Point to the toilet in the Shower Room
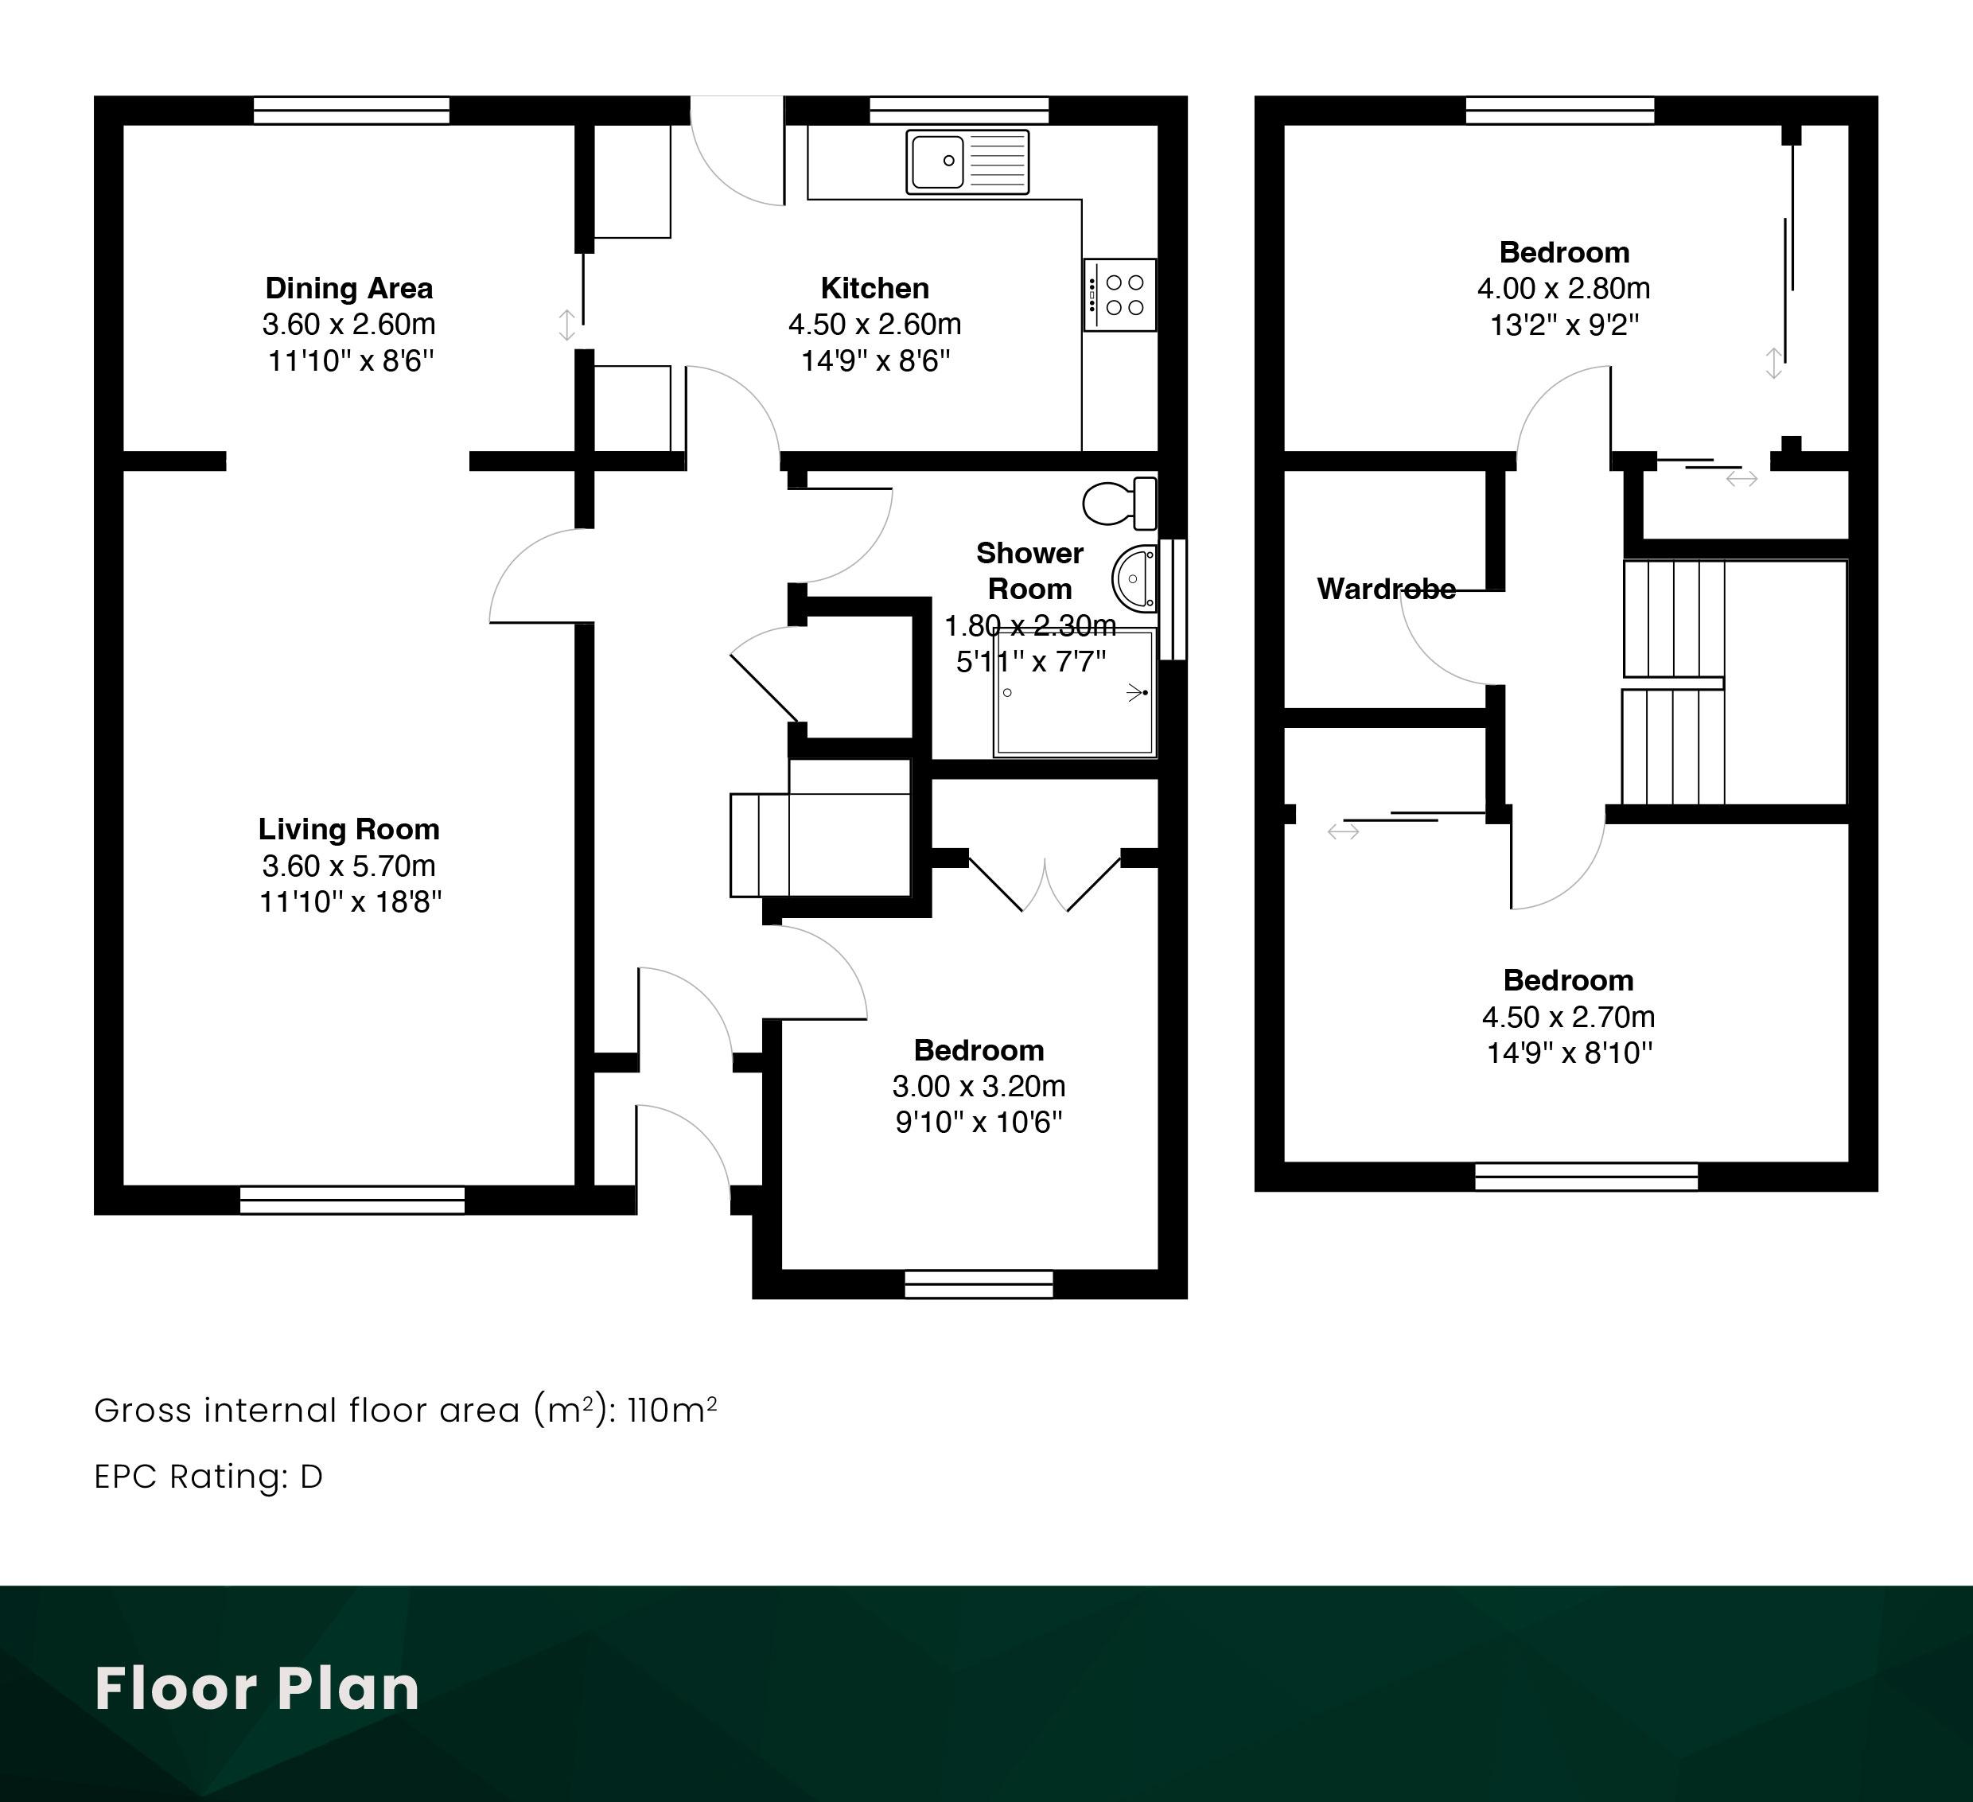click(1119, 503)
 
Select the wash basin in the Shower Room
click(1135, 578)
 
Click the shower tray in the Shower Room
click(1076, 693)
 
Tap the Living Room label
click(348, 829)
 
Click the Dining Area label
click(348, 288)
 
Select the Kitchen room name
click(875, 288)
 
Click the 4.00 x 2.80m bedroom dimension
click(1564, 288)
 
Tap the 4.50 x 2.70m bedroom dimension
click(1568, 1017)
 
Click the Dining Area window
click(352, 110)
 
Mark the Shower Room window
click(1173, 599)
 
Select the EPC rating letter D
click(311, 1477)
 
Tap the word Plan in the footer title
click(348, 1690)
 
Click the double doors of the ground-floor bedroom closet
click(1045, 884)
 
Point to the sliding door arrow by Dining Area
click(566, 325)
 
